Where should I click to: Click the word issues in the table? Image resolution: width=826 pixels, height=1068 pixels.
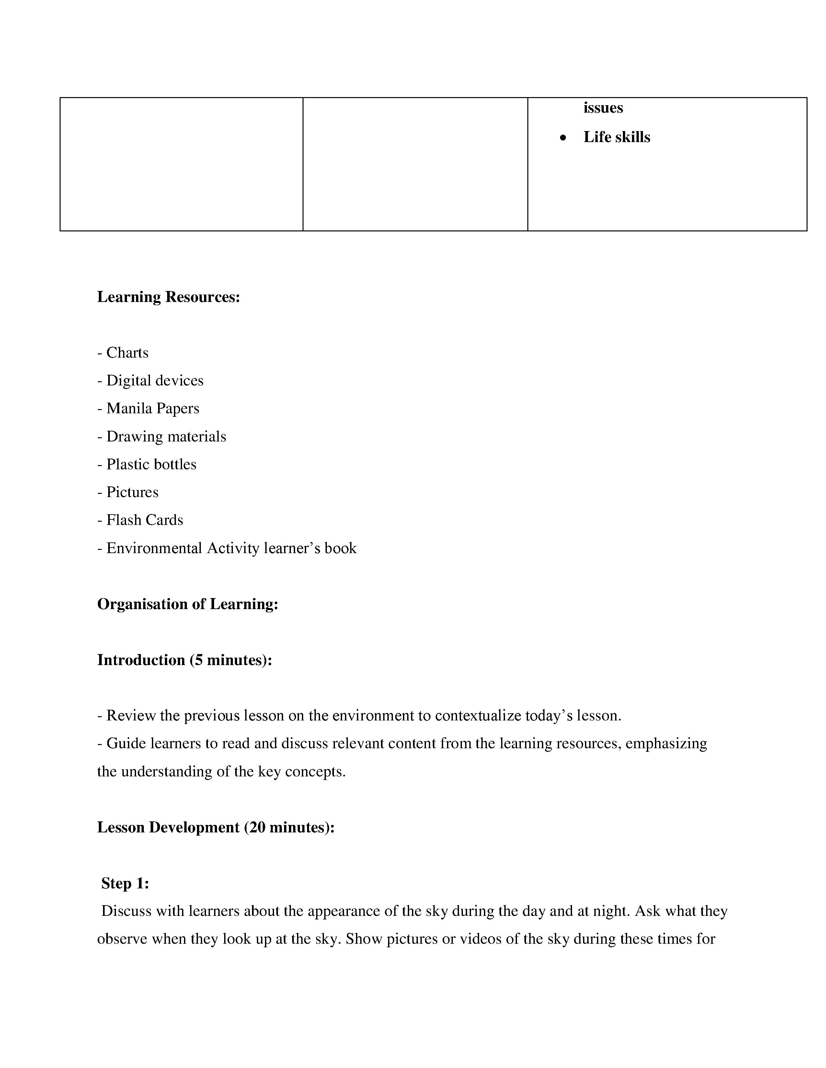pyautogui.click(x=603, y=107)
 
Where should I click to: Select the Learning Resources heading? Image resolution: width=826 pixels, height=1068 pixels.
pyautogui.click(x=168, y=297)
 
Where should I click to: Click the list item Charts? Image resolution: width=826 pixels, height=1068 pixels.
pyautogui.click(x=127, y=352)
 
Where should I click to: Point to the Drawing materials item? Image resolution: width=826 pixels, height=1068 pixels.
pyautogui.click(x=166, y=436)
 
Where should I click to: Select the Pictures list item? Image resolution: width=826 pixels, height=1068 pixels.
pyautogui.click(x=132, y=492)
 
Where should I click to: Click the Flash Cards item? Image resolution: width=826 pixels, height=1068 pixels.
pyautogui.click(x=144, y=520)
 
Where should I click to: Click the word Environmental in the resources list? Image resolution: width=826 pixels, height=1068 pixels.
pyautogui.click(x=154, y=548)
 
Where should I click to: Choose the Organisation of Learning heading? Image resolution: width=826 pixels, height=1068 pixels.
pyautogui.click(x=188, y=604)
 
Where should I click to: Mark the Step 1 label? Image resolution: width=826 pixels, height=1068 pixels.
pyautogui.click(x=125, y=883)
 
